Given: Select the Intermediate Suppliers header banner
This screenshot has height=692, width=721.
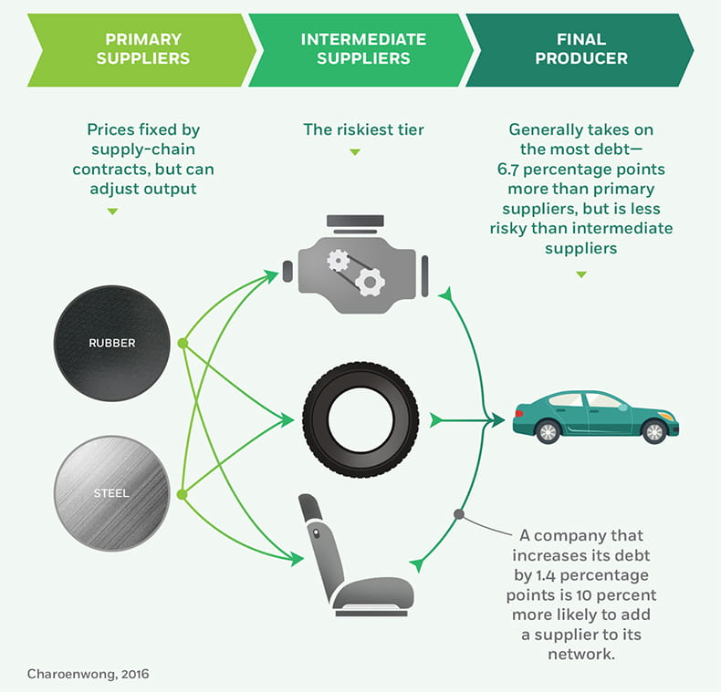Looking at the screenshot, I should [363, 49].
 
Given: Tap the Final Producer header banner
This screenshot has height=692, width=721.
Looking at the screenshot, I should [580, 49].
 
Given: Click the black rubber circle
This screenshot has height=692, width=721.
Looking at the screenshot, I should [112, 343].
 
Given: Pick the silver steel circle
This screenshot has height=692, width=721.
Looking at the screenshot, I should [112, 493].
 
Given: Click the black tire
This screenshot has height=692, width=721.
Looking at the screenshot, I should [360, 419].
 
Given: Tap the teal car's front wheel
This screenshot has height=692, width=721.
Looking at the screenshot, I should [654, 431].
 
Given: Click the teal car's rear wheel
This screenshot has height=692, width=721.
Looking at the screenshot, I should [548, 431].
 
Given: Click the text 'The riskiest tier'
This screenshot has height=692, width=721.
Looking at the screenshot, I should [363, 130].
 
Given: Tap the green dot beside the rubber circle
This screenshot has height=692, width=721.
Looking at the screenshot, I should [183, 344].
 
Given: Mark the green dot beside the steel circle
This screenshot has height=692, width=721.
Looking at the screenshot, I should [182, 494].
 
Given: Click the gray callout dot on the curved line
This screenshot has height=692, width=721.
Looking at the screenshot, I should [459, 514].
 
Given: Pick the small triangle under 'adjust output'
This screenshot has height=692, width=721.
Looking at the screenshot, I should [112, 212].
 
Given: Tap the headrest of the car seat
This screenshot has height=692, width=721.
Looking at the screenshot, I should [310, 511].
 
